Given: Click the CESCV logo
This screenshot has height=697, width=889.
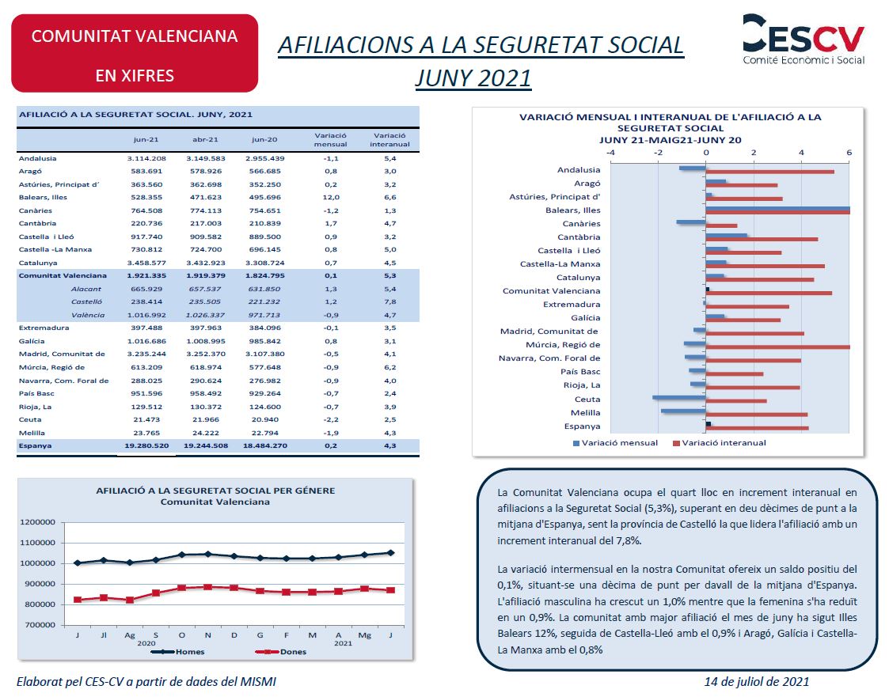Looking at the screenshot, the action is coord(804,40).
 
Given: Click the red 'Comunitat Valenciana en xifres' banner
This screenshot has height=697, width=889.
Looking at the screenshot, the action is coord(135,53).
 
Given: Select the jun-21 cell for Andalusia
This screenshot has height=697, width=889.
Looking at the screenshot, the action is coord(146,159).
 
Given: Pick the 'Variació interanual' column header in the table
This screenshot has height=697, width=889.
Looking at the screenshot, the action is coord(389,139).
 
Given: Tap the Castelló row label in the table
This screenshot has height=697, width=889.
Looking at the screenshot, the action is coord(86,302).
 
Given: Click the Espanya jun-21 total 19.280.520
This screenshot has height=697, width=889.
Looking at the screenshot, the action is coord(146,446).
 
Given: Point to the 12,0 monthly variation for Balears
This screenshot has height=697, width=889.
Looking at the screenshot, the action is coord(331,197).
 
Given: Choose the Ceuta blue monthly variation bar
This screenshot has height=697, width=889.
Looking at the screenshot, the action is coord(679,397).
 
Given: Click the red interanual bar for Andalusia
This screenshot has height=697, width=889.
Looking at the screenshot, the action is coord(770,172).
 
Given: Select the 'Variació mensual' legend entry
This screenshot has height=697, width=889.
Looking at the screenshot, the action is coord(616,442).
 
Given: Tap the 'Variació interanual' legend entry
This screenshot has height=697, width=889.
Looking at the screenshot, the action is coord(719,442).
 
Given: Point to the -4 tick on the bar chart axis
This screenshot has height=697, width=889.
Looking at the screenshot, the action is coord(610,153).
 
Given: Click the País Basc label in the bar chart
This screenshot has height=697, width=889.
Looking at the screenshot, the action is coord(580,372).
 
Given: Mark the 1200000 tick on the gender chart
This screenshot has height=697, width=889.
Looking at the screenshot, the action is coord(37,522).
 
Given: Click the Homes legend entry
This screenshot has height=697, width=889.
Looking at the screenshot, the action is coord(177,652).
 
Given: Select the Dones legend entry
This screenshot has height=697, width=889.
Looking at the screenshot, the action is coord(281,652).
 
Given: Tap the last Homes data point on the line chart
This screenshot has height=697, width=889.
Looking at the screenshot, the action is coord(390,552).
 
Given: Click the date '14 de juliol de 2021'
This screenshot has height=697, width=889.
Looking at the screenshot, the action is coord(756,682).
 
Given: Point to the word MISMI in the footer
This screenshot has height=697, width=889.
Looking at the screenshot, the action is coord(259,682).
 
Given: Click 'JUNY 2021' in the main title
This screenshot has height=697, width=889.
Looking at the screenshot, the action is coord(473,78).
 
